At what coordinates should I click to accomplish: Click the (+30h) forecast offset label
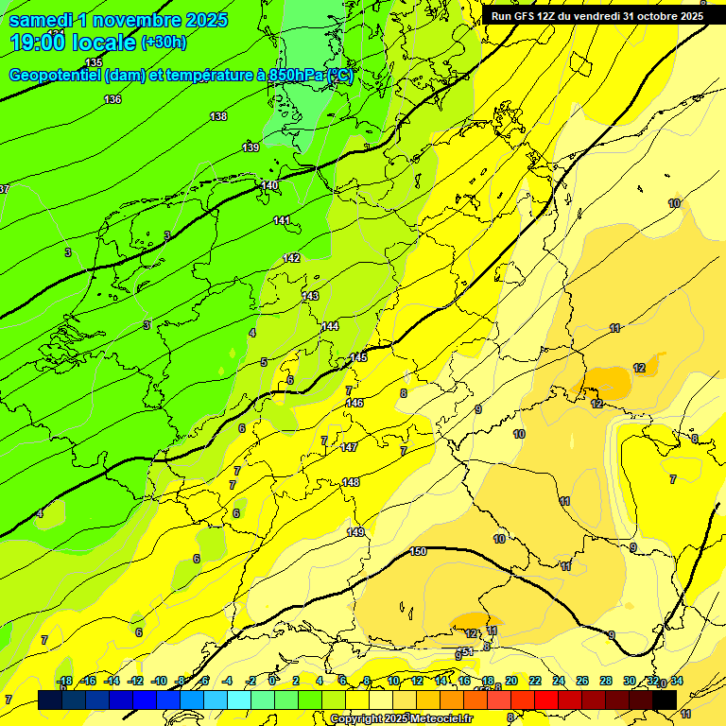click(x=164, y=43)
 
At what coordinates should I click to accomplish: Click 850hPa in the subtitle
click(x=296, y=76)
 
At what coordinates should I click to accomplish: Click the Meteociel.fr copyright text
click(x=401, y=719)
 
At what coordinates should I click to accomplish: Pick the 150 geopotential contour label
click(x=418, y=551)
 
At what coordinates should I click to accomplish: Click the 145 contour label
click(x=358, y=357)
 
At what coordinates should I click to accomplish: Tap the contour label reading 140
click(x=270, y=185)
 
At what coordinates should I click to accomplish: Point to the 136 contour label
click(x=112, y=99)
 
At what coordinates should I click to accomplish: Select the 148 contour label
click(x=350, y=482)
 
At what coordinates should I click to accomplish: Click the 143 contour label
click(x=310, y=296)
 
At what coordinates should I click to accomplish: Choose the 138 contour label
click(x=218, y=116)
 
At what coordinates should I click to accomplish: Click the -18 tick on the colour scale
click(x=64, y=682)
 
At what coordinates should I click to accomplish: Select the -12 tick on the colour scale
click(x=135, y=682)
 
